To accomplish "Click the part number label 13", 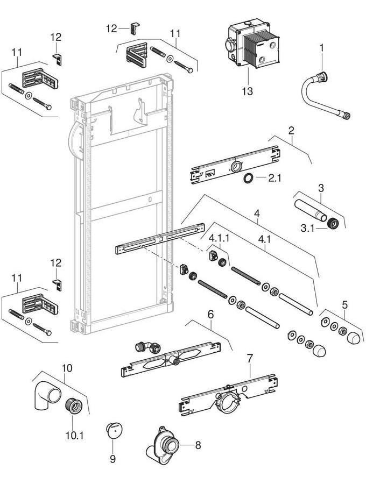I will [x=247, y=91].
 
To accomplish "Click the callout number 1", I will [x=321, y=48].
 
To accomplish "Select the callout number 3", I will [x=320, y=188].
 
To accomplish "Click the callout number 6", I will [x=210, y=314].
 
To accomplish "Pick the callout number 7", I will [x=249, y=358].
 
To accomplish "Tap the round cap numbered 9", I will [x=114, y=431].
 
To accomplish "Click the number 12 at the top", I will [x=111, y=28].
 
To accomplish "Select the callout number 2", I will [x=291, y=131].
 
